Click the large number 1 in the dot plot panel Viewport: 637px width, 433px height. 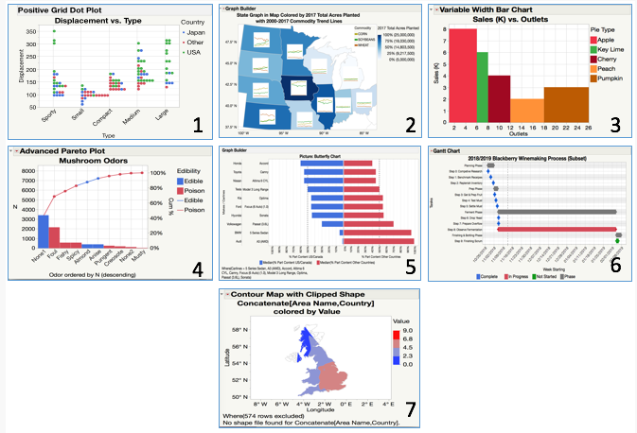[196, 124]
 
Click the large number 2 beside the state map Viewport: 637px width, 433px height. [410, 124]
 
